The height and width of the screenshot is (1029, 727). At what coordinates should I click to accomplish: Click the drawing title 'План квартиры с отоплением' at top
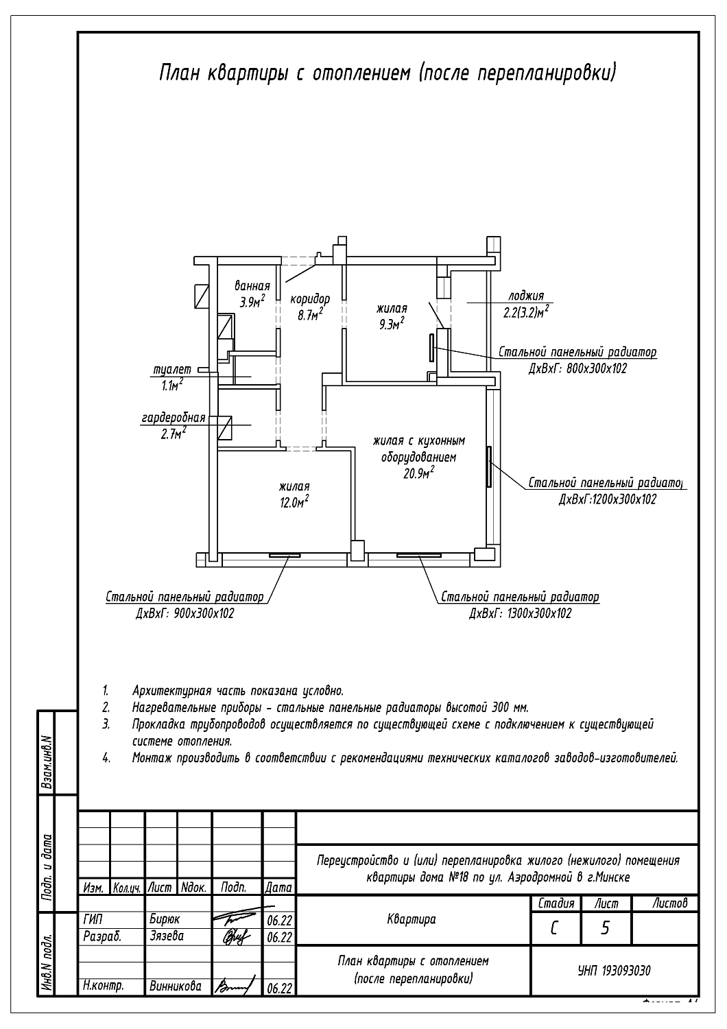tap(388, 73)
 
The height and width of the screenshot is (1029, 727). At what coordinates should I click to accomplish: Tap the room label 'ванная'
tap(252, 286)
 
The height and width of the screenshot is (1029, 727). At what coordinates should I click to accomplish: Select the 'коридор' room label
tap(310, 299)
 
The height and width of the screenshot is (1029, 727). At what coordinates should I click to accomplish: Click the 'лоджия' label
tap(525, 296)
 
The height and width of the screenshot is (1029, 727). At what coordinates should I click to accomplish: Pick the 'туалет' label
tap(172, 370)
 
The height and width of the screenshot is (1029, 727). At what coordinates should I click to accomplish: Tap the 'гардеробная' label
tap(174, 418)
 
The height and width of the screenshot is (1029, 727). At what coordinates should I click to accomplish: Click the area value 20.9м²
tap(419, 473)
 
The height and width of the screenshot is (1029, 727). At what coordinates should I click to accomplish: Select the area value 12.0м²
tap(294, 501)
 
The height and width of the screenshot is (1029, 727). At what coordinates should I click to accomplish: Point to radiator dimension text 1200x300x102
tap(608, 499)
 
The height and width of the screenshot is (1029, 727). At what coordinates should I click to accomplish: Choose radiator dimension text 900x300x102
tap(185, 613)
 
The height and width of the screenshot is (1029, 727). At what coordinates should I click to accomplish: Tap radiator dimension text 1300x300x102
tap(521, 613)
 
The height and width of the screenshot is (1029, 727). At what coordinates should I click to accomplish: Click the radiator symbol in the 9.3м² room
tap(431, 348)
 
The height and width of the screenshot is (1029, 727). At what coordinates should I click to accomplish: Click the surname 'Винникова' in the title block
tap(175, 986)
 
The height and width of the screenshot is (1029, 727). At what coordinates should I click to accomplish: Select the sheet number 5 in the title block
tap(605, 928)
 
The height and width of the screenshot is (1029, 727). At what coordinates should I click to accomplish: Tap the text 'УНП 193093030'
tap(615, 971)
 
